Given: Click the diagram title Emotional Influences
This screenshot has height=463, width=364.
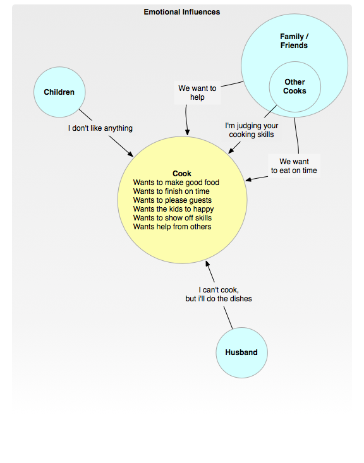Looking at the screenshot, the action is (182, 12).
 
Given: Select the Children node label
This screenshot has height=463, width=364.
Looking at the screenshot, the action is (59, 92).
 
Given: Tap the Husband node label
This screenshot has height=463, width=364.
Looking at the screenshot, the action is (241, 352).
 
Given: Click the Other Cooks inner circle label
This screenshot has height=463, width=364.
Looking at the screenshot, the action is (294, 87).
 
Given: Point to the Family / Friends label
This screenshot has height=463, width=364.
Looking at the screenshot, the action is (294, 41).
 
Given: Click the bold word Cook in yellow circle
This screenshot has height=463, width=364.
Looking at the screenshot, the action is (182, 173).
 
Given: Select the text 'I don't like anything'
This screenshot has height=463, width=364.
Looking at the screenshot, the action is (100, 128).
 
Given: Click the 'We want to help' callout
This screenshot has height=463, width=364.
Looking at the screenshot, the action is (197, 93).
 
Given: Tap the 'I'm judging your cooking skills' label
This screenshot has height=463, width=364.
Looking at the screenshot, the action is (252, 130).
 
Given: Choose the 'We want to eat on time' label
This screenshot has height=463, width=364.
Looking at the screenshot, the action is (294, 166).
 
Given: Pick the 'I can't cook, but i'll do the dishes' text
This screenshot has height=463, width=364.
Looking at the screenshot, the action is (219, 294).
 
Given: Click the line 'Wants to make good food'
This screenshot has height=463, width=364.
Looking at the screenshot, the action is (176, 183).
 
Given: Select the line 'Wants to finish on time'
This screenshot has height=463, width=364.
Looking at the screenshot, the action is (171, 191).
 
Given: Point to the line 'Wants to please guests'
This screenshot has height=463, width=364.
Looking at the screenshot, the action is (173, 200).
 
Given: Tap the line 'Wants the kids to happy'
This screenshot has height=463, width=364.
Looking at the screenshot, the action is (173, 209).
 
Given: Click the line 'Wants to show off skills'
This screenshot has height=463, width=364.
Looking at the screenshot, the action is (173, 218).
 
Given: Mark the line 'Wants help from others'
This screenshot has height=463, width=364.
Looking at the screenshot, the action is (173, 227).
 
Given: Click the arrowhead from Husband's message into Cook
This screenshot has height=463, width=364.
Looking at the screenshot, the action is (207, 263).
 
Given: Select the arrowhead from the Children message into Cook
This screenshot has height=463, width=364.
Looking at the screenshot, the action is (130, 154).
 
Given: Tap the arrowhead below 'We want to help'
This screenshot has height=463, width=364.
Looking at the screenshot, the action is (187, 133).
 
